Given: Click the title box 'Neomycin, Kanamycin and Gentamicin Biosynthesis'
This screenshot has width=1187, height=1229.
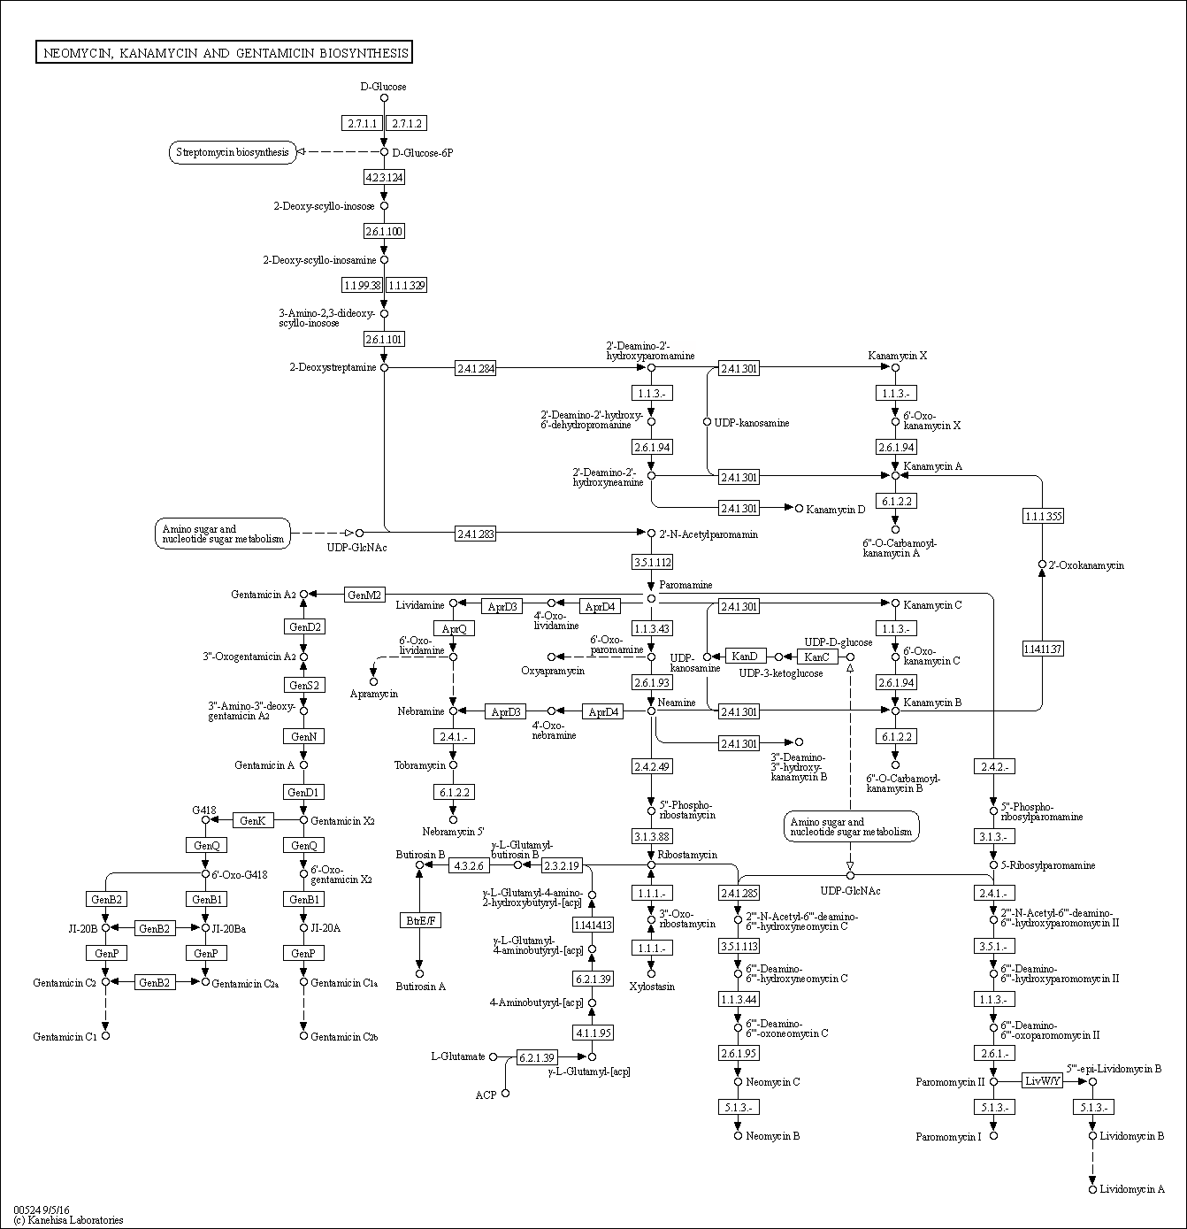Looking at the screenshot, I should click(225, 53).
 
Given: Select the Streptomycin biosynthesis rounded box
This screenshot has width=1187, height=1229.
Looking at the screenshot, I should click(232, 152).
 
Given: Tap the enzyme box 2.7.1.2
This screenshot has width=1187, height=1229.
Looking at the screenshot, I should click(407, 123).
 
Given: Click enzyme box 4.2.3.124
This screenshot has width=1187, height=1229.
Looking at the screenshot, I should click(384, 177).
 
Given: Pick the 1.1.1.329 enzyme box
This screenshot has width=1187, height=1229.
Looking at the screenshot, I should click(407, 285).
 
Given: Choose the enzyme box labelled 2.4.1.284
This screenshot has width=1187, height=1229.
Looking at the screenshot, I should click(475, 367).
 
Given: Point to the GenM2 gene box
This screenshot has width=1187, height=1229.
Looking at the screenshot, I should click(364, 595).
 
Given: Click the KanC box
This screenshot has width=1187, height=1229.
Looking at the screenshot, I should click(817, 657).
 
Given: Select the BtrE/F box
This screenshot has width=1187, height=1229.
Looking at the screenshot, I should click(419, 920).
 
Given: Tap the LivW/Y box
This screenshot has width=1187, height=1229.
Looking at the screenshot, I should click(1042, 1080).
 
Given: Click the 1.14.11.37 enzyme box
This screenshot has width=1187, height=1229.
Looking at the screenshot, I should click(1042, 649).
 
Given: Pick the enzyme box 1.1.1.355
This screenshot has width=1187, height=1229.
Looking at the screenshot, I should click(1042, 516).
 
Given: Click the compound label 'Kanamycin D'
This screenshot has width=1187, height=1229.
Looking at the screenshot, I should click(836, 510).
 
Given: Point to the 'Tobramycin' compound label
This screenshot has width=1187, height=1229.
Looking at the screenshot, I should click(419, 765).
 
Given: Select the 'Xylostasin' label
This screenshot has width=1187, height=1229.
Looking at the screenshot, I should click(652, 986).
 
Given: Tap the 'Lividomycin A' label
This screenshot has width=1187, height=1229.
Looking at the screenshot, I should click(1131, 1189).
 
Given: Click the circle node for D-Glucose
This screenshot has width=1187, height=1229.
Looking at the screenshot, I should click(384, 98).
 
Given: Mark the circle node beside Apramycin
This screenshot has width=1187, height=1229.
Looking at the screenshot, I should click(373, 681).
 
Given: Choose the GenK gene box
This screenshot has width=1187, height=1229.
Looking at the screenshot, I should click(253, 820).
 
